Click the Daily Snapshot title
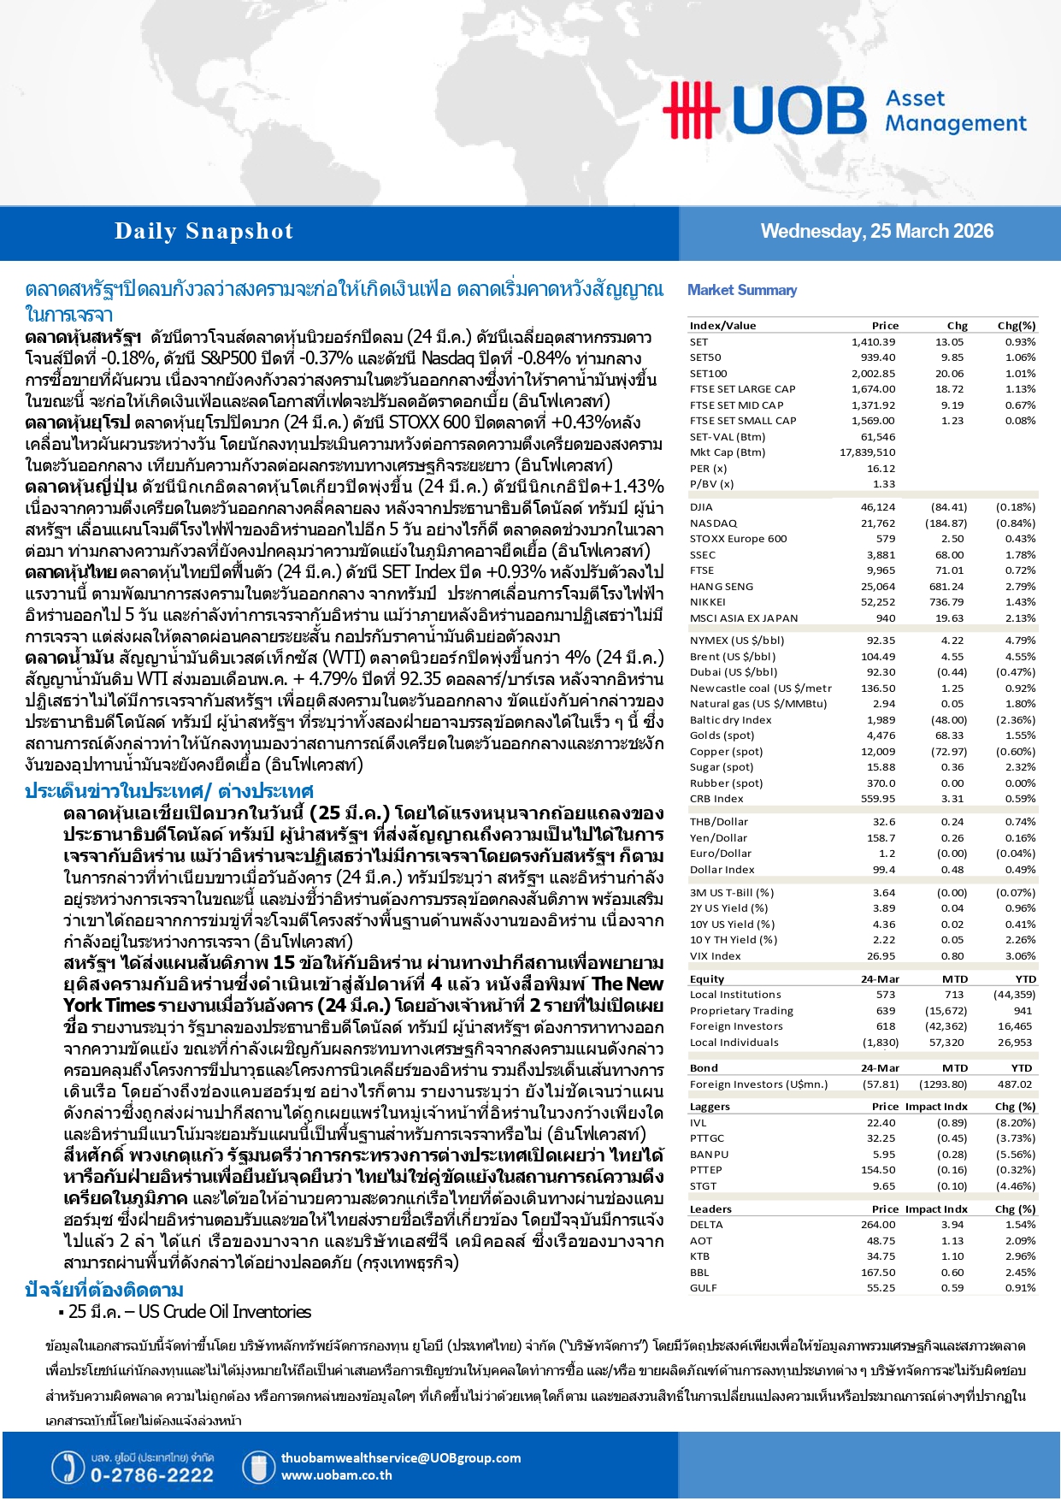(203, 231)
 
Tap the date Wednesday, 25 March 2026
(876, 231)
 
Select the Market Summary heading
(741, 290)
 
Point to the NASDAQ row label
(713, 523)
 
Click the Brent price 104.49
(878, 656)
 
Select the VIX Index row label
(715, 955)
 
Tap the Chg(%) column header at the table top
(1016, 325)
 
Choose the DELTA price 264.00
(878, 1224)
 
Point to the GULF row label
(704, 1287)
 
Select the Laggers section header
(710, 1106)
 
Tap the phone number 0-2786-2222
(151, 1475)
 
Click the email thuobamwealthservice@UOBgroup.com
(400, 1457)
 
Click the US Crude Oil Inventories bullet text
(190, 1312)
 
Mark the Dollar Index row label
(722, 869)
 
